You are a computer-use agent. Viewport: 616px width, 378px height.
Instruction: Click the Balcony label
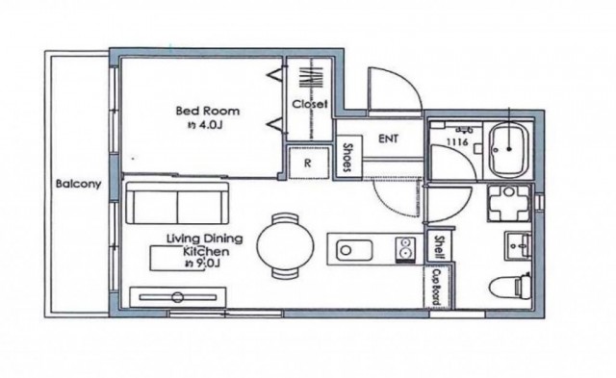pyautogui.click(x=78, y=184)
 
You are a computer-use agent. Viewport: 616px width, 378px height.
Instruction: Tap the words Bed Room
pyautogui.click(x=208, y=111)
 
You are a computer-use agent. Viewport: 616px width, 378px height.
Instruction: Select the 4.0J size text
pyautogui.click(x=211, y=126)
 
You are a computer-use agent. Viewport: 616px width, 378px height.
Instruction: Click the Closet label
pyautogui.click(x=310, y=104)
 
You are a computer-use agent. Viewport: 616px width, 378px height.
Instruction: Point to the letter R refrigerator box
pyautogui.click(x=308, y=163)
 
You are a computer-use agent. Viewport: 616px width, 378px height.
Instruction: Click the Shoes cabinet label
pyautogui.click(x=347, y=158)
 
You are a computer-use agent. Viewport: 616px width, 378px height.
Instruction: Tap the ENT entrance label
pyautogui.click(x=388, y=139)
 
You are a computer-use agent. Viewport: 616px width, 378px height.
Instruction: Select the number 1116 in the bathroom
pyautogui.click(x=457, y=141)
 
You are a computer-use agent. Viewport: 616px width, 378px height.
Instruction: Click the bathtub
pyautogui.click(x=509, y=149)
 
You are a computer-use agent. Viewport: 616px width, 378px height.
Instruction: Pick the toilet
pyautogui.click(x=510, y=287)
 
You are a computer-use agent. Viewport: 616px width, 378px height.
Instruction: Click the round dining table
pyautogui.click(x=285, y=245)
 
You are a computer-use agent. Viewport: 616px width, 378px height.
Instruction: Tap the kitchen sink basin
pyautogui.click(x=354, y=250)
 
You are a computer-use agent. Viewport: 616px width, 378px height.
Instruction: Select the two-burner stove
pyautogui.click(x=405, y=250)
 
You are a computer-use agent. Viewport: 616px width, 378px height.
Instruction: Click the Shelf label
pyautogui.click(x=439, y=247)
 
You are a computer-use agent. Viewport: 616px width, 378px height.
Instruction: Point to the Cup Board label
pyautogui.click(x=436, y=287)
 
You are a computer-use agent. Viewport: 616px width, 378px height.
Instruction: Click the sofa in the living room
pyautogui.click(x=177, y=203)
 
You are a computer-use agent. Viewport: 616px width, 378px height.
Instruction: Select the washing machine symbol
pyautogui.click(x=509, y=203)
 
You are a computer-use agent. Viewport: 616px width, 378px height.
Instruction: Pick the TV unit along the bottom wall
pyautogui.click(x=177, y=297)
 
